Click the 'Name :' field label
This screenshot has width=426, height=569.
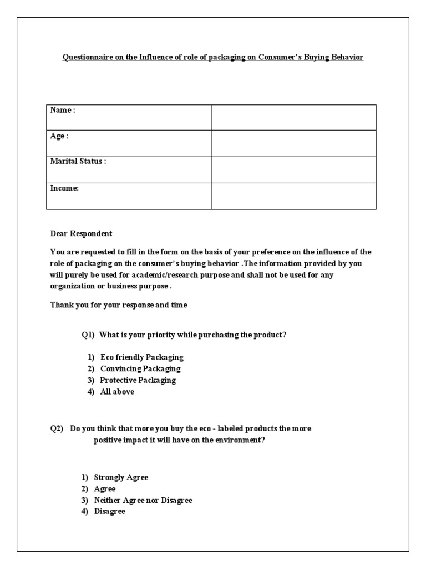[x=63, y=110]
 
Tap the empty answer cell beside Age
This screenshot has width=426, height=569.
[x=293, y=143]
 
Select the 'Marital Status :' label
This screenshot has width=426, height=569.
[x=78, y=162]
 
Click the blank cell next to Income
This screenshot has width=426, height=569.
[x=293, y=196]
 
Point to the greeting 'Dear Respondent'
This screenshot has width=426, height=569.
[x=81, y=234]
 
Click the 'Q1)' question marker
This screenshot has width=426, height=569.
[x=89, y=335]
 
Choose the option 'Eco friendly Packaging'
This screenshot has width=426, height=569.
[x=141, y=357]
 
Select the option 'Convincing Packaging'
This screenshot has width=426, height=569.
[x=140, y=368]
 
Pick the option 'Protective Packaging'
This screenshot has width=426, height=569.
[x=138, y=380]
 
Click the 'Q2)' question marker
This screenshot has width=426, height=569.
[x=58, y=429]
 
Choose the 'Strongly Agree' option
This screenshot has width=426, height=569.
[x=121, y=477]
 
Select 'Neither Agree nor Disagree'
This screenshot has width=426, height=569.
[x=143, y=500]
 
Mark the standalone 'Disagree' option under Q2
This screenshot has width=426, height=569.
[x=110, y=511]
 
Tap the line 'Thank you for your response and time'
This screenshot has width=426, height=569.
[x=119, y=305]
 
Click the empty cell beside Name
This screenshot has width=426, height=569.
[x=293, y=117]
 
